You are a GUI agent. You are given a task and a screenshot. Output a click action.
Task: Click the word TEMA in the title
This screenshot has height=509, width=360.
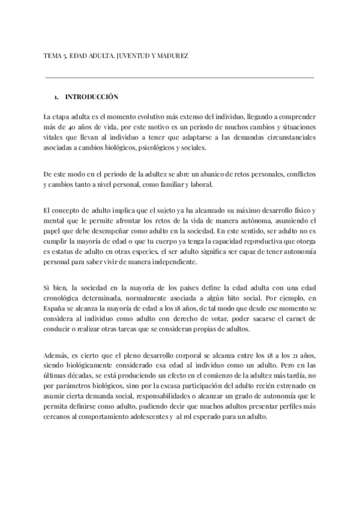click(52, 55)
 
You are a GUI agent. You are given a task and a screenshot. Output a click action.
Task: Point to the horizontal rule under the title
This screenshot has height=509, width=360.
click(179, 77)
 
